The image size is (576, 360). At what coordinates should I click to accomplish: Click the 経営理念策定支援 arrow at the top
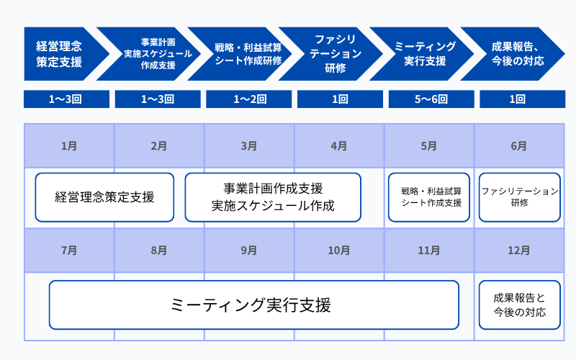(x=61, y=54)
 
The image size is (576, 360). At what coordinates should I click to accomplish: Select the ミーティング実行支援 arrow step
(x=425, y=54)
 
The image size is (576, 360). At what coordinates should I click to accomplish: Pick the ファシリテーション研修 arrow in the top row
(x=335, y=54)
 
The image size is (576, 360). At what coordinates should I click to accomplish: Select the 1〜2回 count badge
(x=248, y=99)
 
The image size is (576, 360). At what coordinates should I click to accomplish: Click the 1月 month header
(x=69, y=145)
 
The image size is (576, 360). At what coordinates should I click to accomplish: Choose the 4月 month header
(x=339, y=145)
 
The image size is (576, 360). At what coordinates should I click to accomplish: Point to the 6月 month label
(x=519, y=145)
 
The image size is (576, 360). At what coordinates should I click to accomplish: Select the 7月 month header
(x=69, y=251)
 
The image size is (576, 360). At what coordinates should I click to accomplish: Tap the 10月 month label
(x=339, y=251)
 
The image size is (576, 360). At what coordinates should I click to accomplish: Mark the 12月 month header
(x=519, y=251)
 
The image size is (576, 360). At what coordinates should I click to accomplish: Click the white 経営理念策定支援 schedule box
(x=104, y=197)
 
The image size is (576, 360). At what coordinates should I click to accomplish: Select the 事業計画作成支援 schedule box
(x=273, y=197)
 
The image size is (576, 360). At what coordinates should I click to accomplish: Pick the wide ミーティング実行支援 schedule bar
(x=253, y=305)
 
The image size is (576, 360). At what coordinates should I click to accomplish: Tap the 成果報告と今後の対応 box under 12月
(x=519, y=305)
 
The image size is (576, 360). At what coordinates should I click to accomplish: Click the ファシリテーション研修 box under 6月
(x=519, y=197)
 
